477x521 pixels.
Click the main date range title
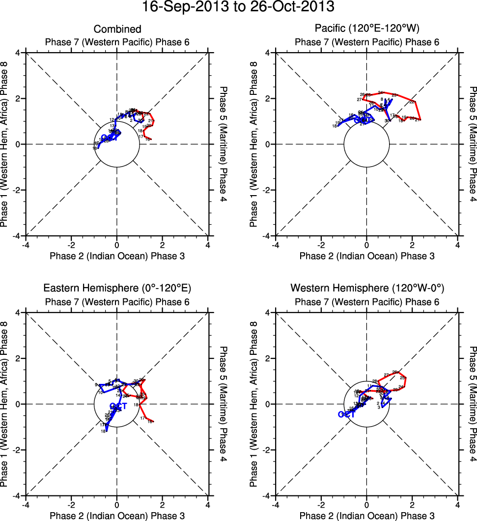point(238,7)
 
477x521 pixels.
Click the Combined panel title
point(117,29)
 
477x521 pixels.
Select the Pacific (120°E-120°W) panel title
point(367,29)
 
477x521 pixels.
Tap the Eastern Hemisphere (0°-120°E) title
point(117,288)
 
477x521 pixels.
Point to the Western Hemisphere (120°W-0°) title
point(367,288)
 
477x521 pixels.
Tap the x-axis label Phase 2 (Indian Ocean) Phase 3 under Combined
point(117,256)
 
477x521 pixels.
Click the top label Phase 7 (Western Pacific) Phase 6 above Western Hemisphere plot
point(367,302)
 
